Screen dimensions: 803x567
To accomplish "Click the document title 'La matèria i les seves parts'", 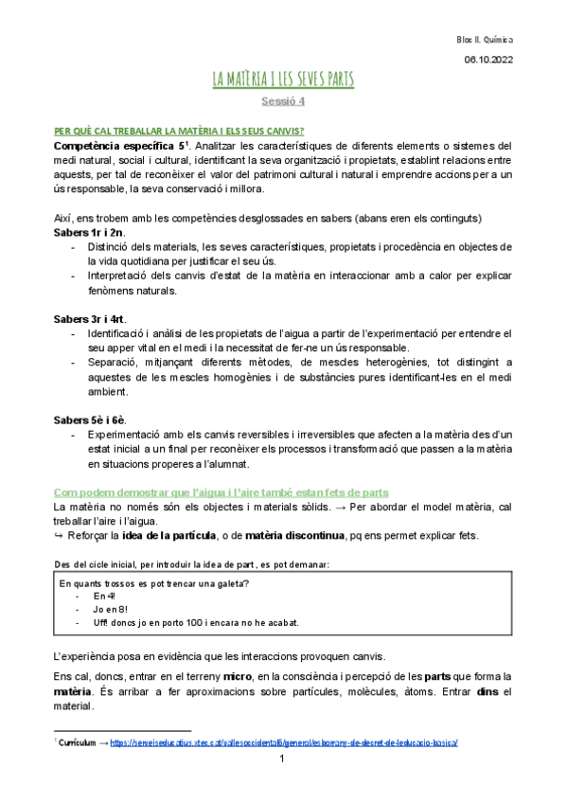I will [283, 79].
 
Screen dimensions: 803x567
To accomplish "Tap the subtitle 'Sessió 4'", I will [283, 100].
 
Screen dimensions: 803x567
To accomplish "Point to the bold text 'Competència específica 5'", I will [116, 146].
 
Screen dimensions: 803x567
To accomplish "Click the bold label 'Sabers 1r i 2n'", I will [88, 233].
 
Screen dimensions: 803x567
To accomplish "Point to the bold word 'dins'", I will [488, 691].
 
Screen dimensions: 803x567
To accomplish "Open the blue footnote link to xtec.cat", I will [284, 743].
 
